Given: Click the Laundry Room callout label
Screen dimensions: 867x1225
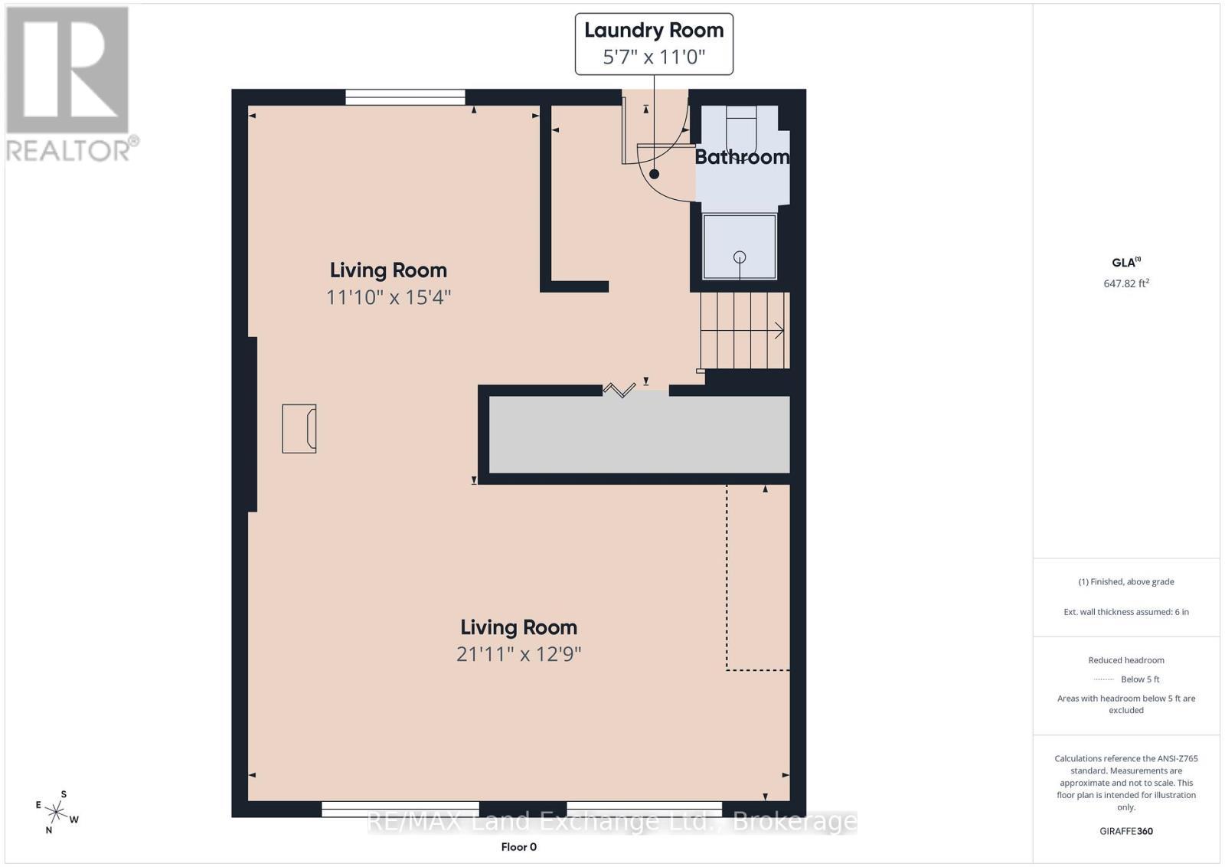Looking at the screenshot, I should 654,44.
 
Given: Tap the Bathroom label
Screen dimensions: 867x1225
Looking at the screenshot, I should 741,157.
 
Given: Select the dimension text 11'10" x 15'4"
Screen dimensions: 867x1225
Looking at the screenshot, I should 388,297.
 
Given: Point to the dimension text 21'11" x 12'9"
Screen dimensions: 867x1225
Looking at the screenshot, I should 518,654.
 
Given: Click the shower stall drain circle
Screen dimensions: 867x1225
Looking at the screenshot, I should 740,257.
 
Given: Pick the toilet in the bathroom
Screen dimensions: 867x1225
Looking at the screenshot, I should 741,126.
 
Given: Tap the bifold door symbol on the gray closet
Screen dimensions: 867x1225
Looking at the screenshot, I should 619,391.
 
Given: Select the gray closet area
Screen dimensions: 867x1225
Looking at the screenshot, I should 639,434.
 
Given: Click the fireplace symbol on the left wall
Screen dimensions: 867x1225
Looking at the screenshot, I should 299,429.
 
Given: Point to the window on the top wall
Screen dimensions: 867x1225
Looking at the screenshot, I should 405,97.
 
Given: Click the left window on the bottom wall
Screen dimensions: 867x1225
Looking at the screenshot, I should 400,809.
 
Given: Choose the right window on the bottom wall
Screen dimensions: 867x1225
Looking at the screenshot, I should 644,809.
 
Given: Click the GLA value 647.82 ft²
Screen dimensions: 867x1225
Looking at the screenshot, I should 1125,283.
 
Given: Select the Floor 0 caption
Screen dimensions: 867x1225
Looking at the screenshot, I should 518,846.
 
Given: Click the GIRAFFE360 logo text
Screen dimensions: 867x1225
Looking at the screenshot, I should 1125,831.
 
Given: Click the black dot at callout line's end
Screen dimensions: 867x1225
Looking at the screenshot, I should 654,175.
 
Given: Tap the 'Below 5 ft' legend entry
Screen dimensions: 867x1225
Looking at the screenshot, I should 1139,679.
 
